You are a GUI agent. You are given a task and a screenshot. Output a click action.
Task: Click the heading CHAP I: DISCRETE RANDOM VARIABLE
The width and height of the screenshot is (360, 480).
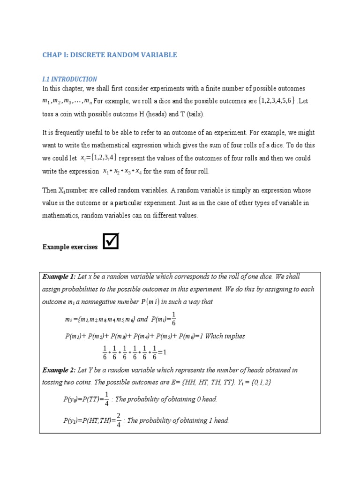pyautogui.click(x=110, y=55)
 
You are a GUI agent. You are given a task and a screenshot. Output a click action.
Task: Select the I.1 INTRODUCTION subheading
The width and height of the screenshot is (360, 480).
pyautogui.click(x=70, y=79)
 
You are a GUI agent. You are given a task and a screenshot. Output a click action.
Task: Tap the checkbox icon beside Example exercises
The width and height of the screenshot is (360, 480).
pyautogui.click(x=111, y=241)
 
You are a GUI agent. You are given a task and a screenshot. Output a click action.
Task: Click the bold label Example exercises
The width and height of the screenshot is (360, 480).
pyautogui.click(x=70, y=247)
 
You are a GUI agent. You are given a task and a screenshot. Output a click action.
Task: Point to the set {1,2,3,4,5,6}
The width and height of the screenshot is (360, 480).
pyautogui.click(x=277, y=101)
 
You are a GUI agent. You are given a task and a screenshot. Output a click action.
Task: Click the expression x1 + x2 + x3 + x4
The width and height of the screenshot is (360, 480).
pyautogui.click(x=122, y=171)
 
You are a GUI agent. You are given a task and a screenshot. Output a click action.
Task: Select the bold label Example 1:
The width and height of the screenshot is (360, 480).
pyautogui.click(x=59, y=277)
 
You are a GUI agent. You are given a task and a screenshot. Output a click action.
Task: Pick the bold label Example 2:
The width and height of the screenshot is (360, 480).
pyautogui.click(x=59, y=370)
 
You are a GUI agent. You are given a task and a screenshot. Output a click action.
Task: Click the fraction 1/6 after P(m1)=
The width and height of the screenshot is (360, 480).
pyautogui.click(x=173, y=318)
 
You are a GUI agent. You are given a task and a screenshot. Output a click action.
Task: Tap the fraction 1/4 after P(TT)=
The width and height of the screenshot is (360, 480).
pyautogui.click(x=107, y=398)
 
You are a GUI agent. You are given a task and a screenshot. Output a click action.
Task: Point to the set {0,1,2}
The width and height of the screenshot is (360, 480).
pyautogui.click(x=260, y=382)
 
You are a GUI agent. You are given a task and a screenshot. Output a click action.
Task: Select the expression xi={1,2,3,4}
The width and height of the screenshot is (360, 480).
pyautogui.click(x=99, y=158)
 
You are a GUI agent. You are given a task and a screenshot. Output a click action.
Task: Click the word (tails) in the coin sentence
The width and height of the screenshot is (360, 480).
pyautogui.click(x=194, y=114)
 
